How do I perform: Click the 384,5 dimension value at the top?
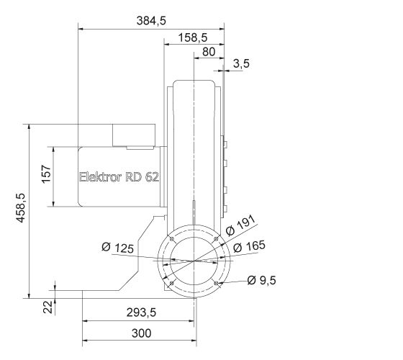pyautogui.click(x=151, y=21)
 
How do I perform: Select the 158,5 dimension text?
pyautogui.click(x=193, y=37)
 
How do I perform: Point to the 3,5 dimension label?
pyautogui.click(x=241, y=64)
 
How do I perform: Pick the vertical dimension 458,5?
pyautogui.click(x=20, y=211)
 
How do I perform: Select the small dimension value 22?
pyautogui.click(x=47, y=307)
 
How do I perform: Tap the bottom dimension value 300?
pyautogui.click(x=142, y=333)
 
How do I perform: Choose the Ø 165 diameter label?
pyautogui.click(x=250, y=246)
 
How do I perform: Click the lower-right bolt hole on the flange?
pyautogui.click(x=217, y=283)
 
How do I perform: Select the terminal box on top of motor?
pyautogui.click(x=134, y=135)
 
